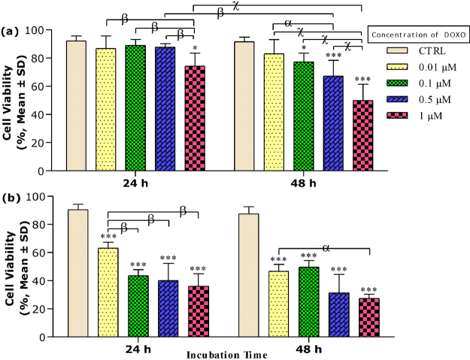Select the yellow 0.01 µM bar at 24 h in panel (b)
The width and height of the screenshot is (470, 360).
pyautogui.click(x=108, y=292)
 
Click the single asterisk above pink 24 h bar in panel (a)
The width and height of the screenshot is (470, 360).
pyautogui.click(x=195, y=47)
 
